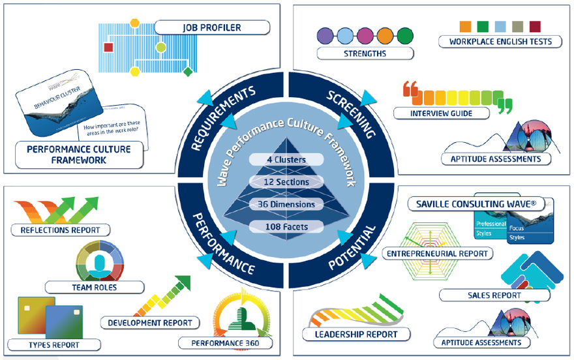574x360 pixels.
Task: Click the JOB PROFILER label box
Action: coord(212,27)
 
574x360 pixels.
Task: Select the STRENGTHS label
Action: coord(365,53)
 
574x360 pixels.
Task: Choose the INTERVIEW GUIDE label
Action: coord(442,113)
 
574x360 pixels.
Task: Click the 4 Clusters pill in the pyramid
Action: coord(286,158)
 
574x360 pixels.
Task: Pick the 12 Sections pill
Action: coord(286,181)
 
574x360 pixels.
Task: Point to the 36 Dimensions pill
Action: coord(286,204)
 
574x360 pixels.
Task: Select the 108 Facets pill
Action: coord(286,227)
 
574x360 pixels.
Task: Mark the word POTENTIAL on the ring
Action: coord(353,247)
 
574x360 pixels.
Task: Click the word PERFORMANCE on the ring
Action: coord(222,245)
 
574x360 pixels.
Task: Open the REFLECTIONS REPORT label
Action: coord(60,230)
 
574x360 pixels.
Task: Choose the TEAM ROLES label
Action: coord(95,286)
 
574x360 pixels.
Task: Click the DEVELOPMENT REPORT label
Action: coord(151,322)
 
